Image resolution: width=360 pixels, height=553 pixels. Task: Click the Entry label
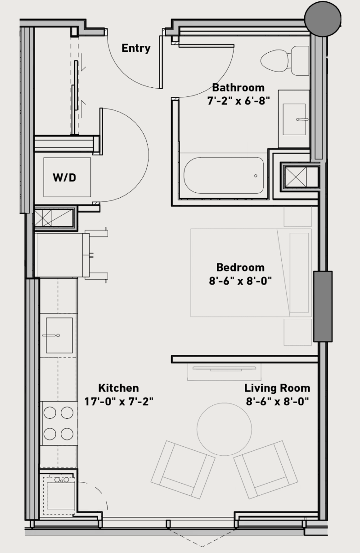coord(136,48)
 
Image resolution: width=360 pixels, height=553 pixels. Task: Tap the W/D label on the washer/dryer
coord(64,177)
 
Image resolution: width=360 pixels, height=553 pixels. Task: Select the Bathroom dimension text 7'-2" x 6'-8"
coord(238,101)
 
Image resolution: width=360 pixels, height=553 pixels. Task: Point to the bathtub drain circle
coord(256,176)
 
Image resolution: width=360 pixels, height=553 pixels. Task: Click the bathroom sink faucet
coord(302,119)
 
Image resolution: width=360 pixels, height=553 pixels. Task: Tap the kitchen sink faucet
coord(51,335)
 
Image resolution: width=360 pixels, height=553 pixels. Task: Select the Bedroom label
coord(240,267)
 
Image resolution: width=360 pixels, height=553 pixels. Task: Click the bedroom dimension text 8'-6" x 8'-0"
coord(240,281)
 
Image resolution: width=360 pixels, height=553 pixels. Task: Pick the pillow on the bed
coord(299,272)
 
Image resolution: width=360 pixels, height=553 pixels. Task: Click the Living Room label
coord(277,388)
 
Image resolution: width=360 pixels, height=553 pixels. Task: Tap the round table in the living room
coord(224,429)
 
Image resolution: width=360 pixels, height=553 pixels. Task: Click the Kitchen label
coord(118,388)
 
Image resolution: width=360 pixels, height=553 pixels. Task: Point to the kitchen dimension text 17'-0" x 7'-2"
coord(119,402)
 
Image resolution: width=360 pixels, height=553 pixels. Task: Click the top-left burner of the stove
coord(49,413)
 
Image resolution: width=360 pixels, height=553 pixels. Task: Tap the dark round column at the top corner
coord(323,18)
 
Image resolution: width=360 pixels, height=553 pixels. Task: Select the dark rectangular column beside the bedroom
coord(323,306)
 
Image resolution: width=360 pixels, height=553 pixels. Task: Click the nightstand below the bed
coord(297,332)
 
